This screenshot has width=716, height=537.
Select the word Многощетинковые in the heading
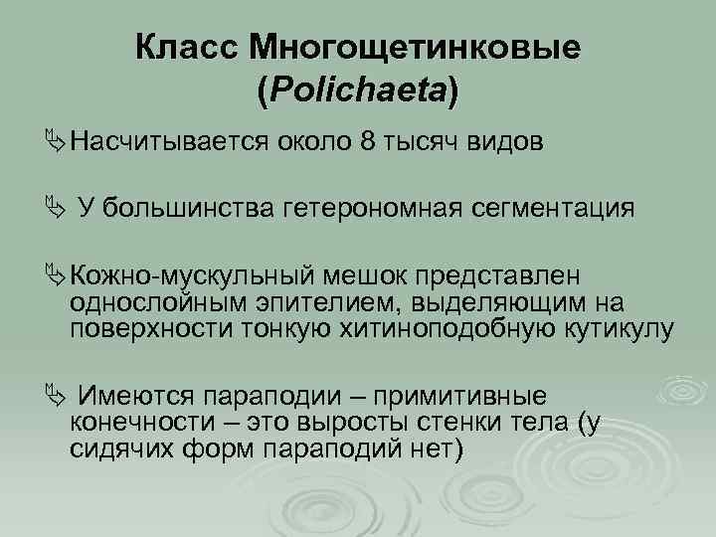[417, 47]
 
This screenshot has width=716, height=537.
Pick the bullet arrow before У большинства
[56, 208]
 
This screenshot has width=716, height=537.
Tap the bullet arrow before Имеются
[56, 394]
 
